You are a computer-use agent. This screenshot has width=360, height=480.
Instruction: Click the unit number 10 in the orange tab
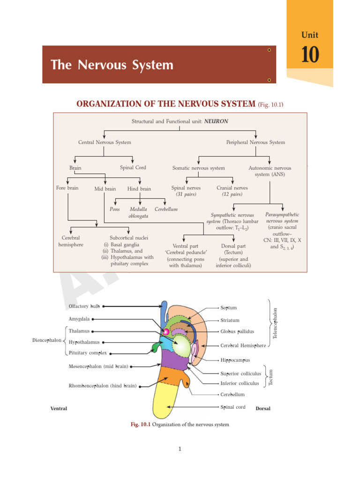point(310,55)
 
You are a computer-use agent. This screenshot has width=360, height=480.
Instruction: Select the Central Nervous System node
point(105,142)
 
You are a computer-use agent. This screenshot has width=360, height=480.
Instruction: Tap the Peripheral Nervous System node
point(255,142)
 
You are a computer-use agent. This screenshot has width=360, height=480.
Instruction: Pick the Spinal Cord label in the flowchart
point(133,167)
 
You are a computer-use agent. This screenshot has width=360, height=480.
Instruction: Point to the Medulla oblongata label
point(138,212)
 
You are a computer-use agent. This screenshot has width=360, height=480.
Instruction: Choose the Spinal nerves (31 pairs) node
point(186,191)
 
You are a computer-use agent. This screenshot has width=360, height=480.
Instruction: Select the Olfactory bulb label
point(84,306)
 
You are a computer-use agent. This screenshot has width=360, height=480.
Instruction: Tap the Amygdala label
point(79,319)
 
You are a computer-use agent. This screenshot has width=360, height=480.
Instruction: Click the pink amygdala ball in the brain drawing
point(165,332)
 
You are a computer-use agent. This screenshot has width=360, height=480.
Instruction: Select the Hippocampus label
point(235,360)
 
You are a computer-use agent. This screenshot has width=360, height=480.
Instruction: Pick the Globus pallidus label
point(237,331)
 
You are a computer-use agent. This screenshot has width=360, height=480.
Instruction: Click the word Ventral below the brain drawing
point(59,409)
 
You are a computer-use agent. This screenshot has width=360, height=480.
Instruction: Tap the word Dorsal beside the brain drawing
point(263,409)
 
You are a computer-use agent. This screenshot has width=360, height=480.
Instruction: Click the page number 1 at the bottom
point(180,449)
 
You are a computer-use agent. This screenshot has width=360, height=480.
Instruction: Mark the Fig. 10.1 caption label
point(140,425)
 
